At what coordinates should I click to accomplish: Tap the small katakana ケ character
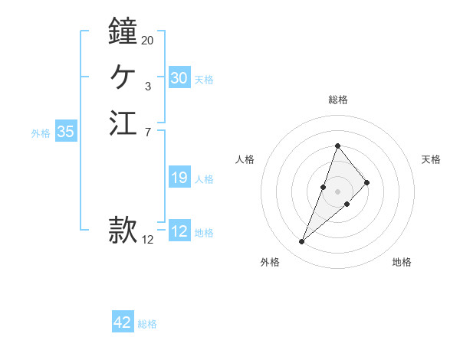pyautogui.click(x=123, y=77)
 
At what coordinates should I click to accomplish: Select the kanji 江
pyautogui.click(x=123, y=123)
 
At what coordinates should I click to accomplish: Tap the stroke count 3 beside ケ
pyautogui.click(x=147, y=87)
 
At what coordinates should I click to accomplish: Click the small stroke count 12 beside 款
pyautogui.click(x=147, y=239)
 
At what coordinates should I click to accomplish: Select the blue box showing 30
pyautogui.click(x=179, y=78)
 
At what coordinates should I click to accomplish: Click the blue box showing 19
pyautogui.click(x=179, y=178)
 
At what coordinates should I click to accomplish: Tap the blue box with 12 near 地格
pyautogui.click(x=179, y=231)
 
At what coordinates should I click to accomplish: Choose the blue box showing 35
pyautogui.click(x=65, y=132)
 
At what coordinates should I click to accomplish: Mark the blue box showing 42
pyautogui.click(x=123, y=322)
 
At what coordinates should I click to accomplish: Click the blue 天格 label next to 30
pyautogui.click(x=204, y=80)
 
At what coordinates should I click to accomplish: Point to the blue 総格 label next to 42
pyautogui.click(x=147, y=324)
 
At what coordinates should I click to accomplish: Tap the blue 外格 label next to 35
pyautogui.click(x=41, y=133)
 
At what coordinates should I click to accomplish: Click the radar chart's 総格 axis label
pyautogui.click(x=337, y=100)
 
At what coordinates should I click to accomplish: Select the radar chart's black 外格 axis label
pyautogui.click(x=270, y=262)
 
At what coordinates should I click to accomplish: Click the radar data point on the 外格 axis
pyautogui.click(x=301, y=242)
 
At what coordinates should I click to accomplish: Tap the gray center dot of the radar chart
pyautogui.click(x=337, y=191)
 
